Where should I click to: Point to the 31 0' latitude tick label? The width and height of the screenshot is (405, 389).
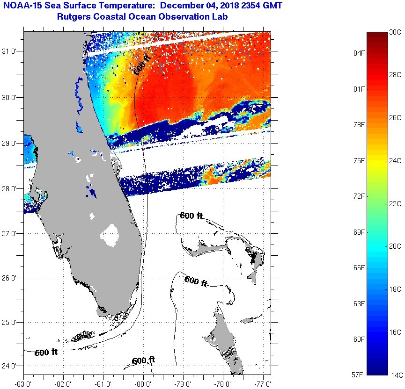[11, 51]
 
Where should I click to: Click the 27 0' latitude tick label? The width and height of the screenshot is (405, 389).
[11, 233]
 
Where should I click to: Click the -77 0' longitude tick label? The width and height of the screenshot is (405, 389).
[263, 383]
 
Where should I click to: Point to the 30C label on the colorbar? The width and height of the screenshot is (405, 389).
[396, 32]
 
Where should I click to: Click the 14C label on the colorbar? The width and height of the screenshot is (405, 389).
[396, 375]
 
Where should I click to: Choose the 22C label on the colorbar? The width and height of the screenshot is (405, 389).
[396, 203]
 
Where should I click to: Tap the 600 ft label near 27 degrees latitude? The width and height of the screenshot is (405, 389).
[191, 216]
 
